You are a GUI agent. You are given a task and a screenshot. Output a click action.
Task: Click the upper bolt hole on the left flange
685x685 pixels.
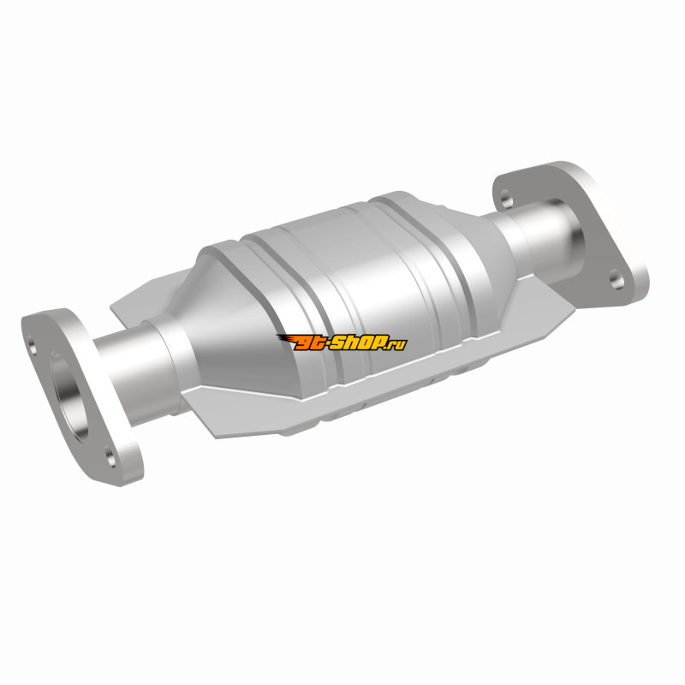33,344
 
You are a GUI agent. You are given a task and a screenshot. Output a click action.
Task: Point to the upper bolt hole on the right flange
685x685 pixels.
506,200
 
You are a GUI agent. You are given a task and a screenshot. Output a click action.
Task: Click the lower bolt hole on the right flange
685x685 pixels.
616,279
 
